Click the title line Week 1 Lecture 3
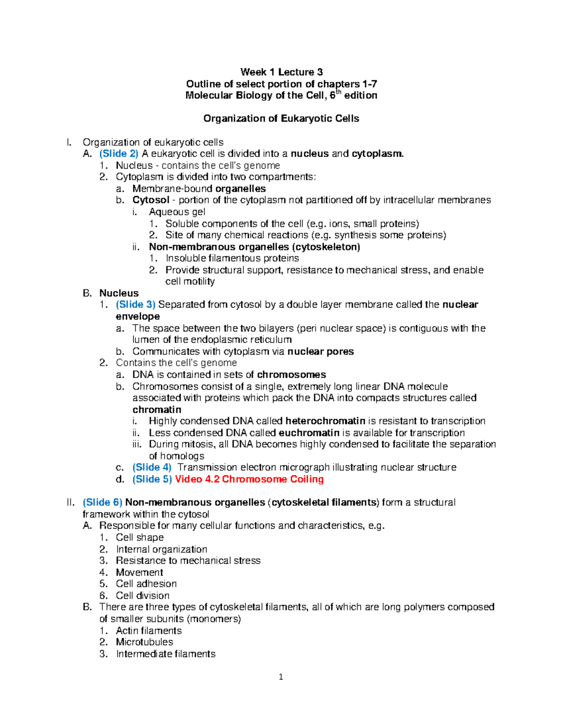click(281, 72)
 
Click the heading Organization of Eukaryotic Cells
click(281, 119)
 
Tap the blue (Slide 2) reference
click(119, 154)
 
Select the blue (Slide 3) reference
click(135, 305)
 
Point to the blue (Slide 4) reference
click(152, 467)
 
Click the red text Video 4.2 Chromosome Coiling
click(249, 479)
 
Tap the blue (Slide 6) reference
click(102, 503)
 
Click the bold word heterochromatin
click(325, 421)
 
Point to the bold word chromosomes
click(291, 375)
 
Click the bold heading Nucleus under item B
click(119, 293)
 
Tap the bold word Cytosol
click(151, 200)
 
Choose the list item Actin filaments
click(149, 631)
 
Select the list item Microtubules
click(145, 642)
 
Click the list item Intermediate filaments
click(166, 654)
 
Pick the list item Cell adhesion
click(146, 584)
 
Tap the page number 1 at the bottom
click(281, 677)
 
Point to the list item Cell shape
click(140, 538)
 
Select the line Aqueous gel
click(177, 212)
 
